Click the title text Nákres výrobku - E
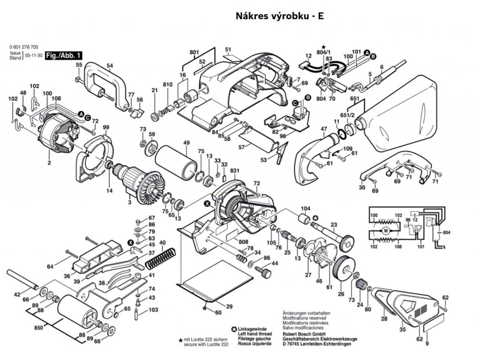point(279,16)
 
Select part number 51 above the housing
point(228,50)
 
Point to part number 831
point(235,171)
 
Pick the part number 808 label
point(243,243)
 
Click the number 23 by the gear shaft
point(334,224)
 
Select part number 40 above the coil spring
point(163,242)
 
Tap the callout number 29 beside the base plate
point(229,307)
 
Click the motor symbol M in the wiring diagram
point(385,230)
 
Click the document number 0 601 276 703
point(24,47)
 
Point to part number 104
point(306,208)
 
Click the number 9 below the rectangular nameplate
point(427,344)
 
